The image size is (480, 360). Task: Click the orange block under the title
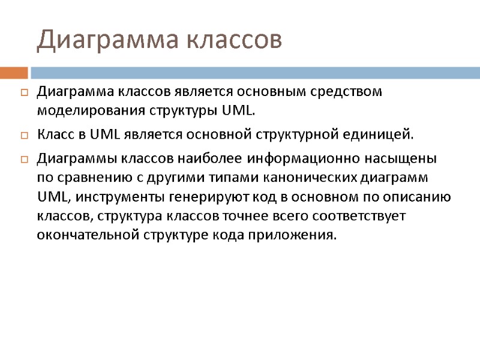coord(14,73)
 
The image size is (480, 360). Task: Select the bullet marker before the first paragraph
coord(24,93)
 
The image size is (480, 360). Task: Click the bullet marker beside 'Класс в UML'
coord(24,134)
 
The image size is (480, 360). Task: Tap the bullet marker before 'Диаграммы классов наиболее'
coord(24,160)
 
